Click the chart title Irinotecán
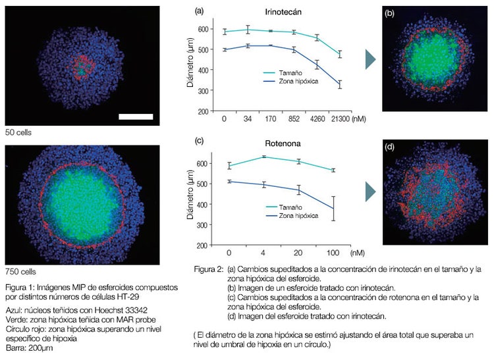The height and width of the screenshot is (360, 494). pos(285,12)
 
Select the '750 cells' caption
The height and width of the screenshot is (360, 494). pos(20,271)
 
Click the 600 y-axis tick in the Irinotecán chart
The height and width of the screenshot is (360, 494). pos(209,29)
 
